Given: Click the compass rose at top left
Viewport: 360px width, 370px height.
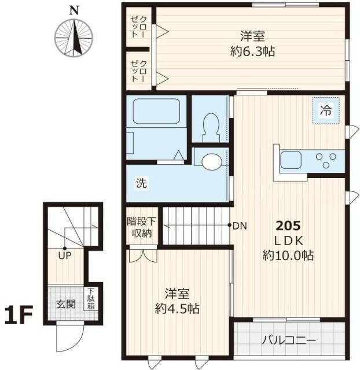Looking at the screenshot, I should coord(74,38).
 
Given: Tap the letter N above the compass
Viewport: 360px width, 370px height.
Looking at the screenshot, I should coord(74,10).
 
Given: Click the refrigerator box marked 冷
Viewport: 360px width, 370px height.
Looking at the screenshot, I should coord(326,110).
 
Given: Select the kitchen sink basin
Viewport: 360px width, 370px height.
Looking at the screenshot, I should coord(291,158).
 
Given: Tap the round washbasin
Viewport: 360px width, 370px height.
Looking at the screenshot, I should coord(211,161).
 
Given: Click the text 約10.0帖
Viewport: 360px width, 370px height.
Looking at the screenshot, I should coord(288,255).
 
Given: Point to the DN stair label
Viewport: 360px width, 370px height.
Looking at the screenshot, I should coord(239,226).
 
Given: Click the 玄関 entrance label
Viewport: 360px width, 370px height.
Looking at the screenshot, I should coord(65,304).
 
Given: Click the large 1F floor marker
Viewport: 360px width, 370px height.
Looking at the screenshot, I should coord(20,316).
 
